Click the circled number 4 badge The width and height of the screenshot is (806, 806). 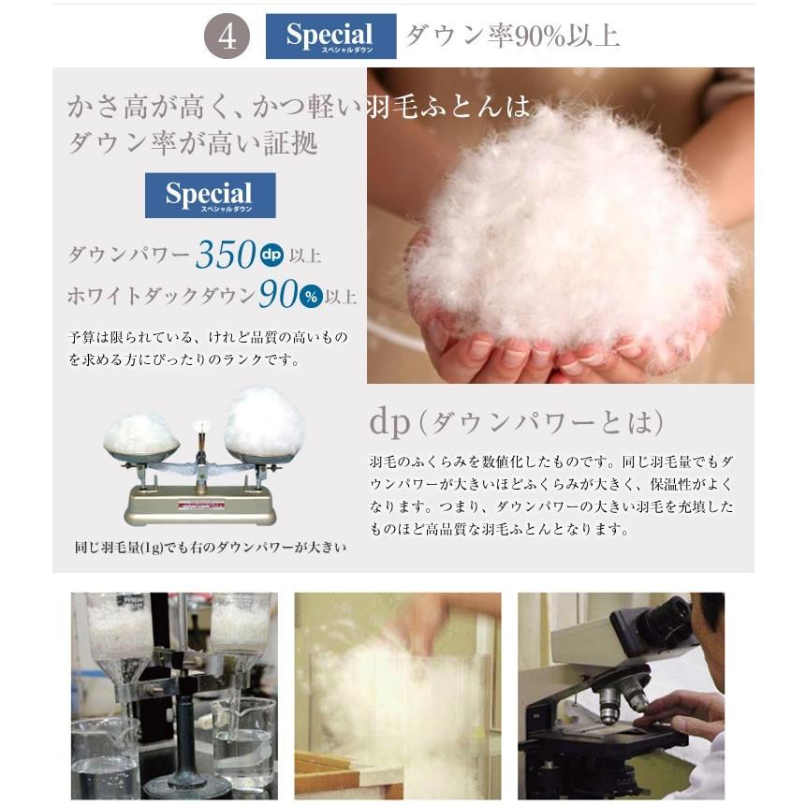[227, 37]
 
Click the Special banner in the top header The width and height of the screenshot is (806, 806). [330, 37]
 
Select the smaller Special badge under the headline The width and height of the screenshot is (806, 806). [210, 196]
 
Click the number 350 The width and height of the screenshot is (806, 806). [226, 255]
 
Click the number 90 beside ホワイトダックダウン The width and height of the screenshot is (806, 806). [278, 296]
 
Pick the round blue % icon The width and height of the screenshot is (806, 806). [312, 297]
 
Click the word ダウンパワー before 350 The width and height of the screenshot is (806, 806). [129, 256]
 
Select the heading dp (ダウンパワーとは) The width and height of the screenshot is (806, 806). [516, 422]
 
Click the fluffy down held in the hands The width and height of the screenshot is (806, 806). [571, 225]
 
